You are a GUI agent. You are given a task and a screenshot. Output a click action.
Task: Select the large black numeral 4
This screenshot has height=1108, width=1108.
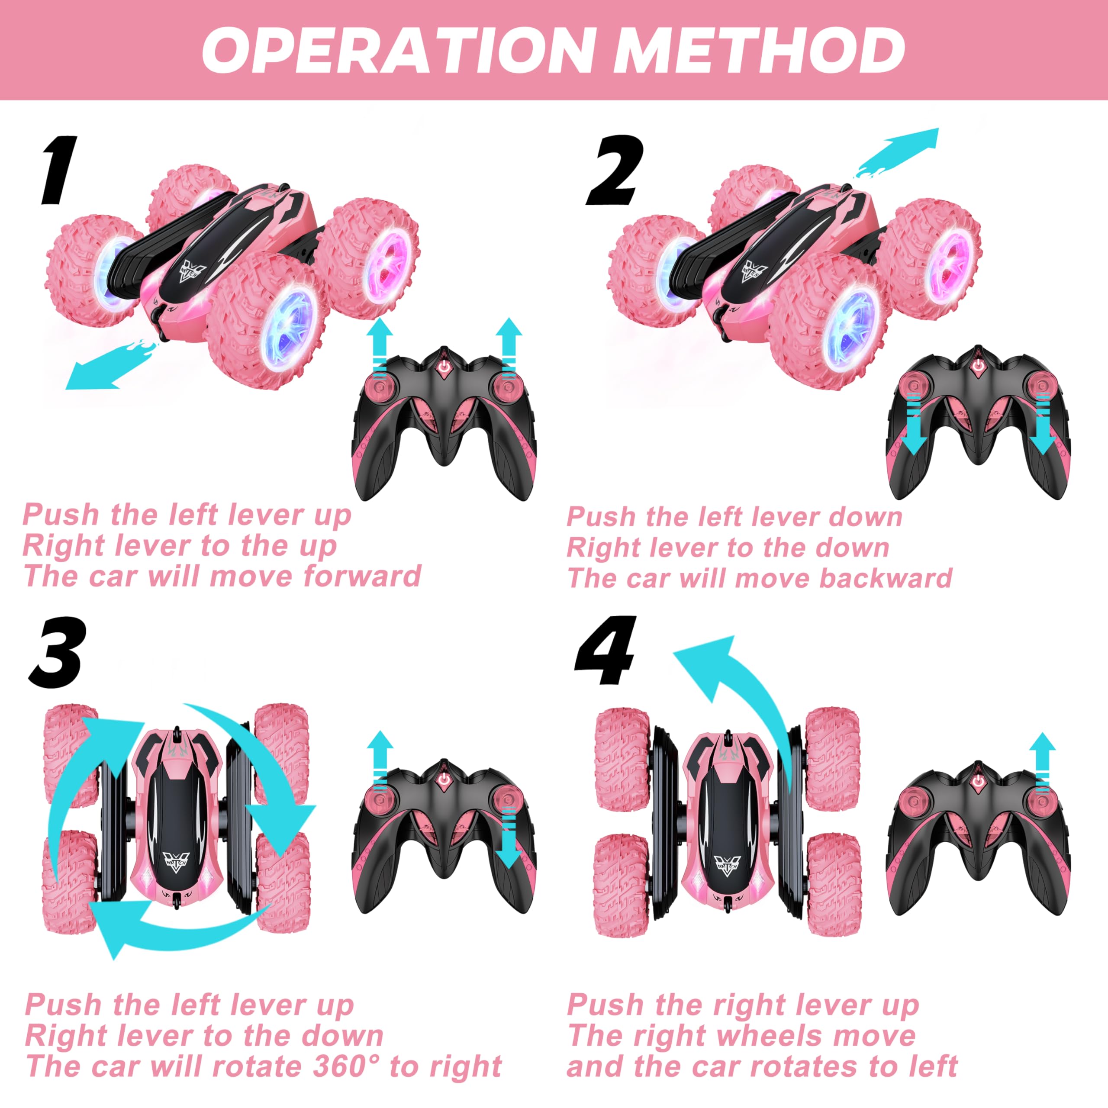pyautogui.click(x=606, y=652)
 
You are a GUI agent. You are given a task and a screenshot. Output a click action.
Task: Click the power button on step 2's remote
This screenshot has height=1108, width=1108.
pyautogui.click(x=978, y=365)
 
